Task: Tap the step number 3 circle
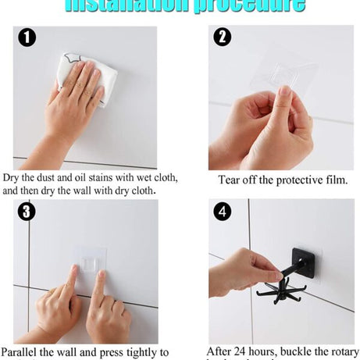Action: [x=27, y=212]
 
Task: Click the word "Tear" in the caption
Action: [x=232, y=180]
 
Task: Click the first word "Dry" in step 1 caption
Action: [x=12, y=177]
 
